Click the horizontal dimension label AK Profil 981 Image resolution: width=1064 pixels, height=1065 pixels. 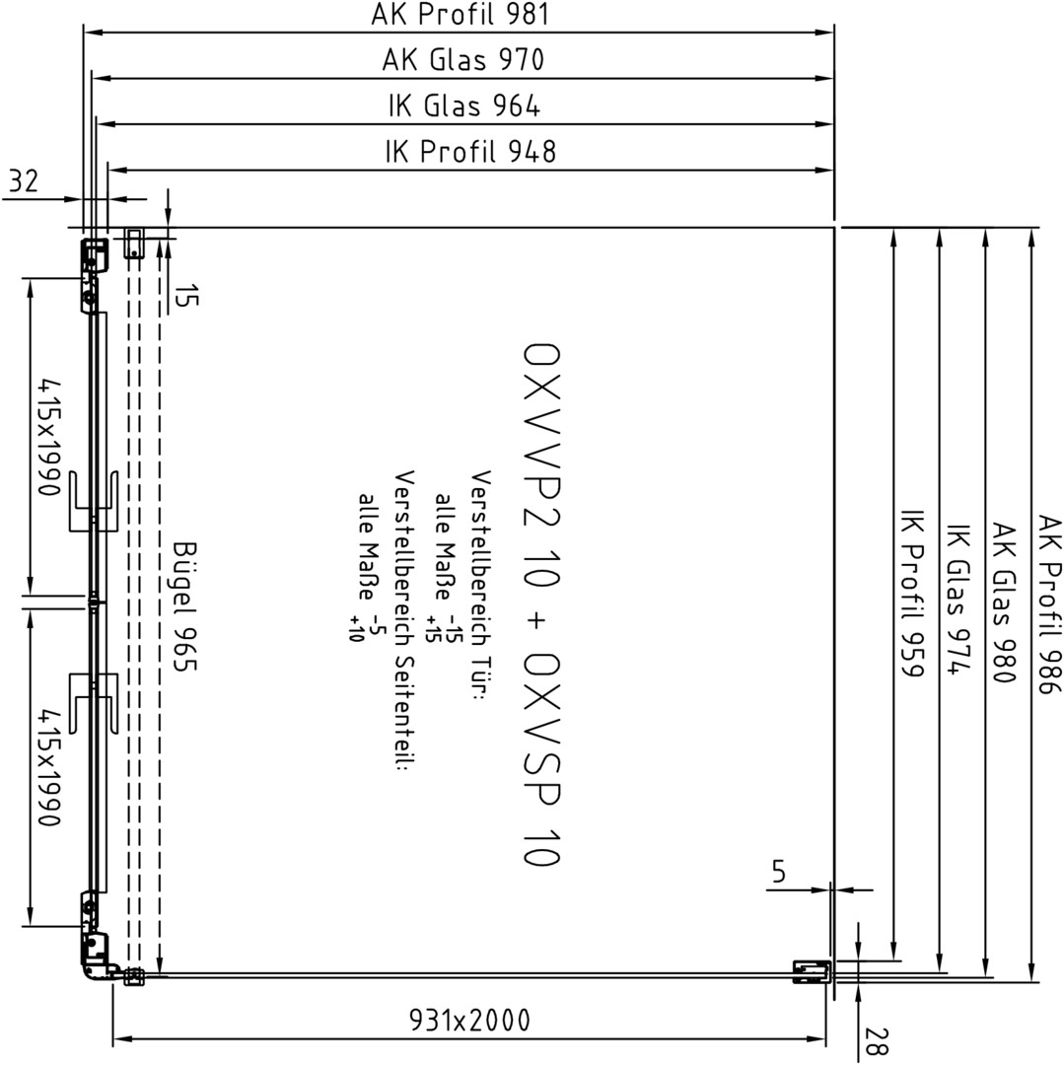click(x=460, y=14)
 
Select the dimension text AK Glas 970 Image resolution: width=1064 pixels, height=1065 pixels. click(x=463, y=60)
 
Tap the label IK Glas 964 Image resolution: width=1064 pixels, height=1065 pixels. click(x=464, y=106)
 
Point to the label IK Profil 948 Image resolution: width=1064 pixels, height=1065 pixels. click(x=470, y=152)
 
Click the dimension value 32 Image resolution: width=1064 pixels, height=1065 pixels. click(x=24, y=181)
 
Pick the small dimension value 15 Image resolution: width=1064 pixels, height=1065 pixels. click(x=186, y=296)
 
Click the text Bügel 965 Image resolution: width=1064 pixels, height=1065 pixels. click(x=184, y=606)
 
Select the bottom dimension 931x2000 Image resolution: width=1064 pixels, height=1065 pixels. click(x=469, y=1020)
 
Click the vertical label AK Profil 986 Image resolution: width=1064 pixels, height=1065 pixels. click(x=1049, y=604)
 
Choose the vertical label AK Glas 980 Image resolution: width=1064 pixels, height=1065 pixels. click(x=1004, y=603)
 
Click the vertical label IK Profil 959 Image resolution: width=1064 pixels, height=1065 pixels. click(x=912, y=593)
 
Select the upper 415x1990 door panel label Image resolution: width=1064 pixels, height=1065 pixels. click(x=49, y=437)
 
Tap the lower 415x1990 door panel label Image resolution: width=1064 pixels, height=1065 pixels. click(x=49, y=768)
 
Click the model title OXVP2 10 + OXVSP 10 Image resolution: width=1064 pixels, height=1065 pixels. click(x=541, y=604)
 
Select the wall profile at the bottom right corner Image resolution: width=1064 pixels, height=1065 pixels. click(x=813, y=972)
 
